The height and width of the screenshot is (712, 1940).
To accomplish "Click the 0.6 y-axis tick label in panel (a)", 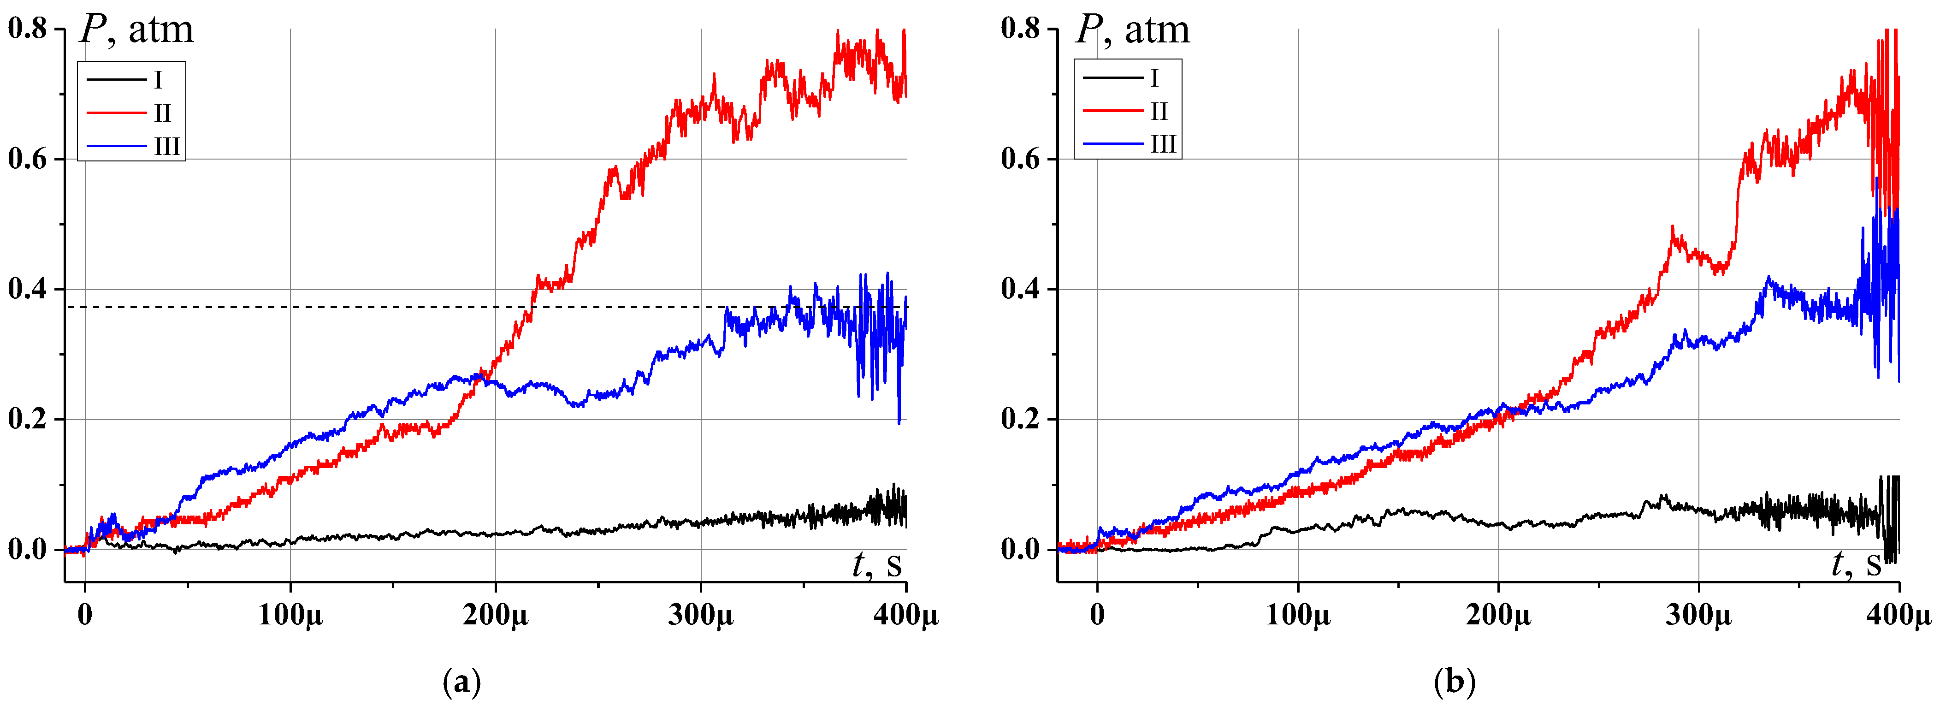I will pyautogui.click(x=27, y=159).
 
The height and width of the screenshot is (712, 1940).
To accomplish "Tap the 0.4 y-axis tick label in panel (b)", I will pyautogui.click(x=1020, y=289).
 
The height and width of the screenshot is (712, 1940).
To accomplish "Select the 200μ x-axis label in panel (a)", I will pyautogui.click(x=496, y=615).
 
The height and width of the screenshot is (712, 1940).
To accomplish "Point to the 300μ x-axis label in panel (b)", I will pyautogui.click(x=1698, y=615).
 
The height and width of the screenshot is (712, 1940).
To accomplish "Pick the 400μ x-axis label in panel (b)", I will pyautogui.click(x=1898, y=615).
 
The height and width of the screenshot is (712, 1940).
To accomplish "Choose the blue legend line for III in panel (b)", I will pyautogui.click(x=1112, y=144).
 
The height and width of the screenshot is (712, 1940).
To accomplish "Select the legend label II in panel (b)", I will pyautogui.click(x=1158, y=112).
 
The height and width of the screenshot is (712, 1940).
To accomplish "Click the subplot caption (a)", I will pyautogui.click(x=461, y=682).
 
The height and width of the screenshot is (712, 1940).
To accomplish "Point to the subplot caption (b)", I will pyautogui.click(x=1454, y=682).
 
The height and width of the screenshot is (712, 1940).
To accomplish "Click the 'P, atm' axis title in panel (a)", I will pyautogui.click(x=136, y=30).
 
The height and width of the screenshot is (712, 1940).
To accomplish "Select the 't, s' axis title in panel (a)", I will pyautogui.click(x=876, y=564).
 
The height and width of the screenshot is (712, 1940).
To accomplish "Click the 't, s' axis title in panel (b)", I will pyautogui.click(x=1856, y=564).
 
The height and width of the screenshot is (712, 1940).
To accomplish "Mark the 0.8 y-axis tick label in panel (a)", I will pyautogui.click(x=27, y=29).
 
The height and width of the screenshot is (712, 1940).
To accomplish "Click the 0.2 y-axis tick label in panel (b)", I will pyautogui.click(x=1020, y=420).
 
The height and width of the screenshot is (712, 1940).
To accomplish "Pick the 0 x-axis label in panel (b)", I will pyautogui.click(x=1097, y=615).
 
